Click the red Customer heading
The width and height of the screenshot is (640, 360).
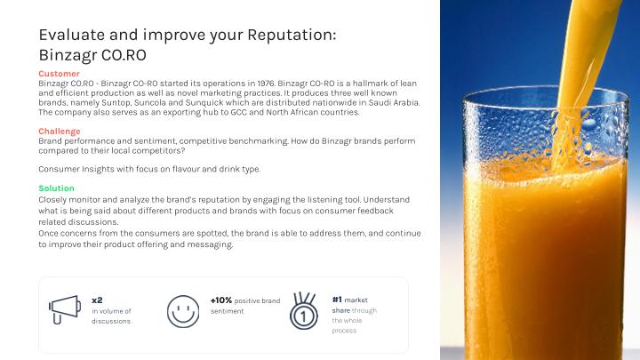coord(60,74)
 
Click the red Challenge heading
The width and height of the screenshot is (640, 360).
coord(60,132)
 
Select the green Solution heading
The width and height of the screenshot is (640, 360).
coord(56,188)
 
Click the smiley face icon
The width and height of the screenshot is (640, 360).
coord(183,311)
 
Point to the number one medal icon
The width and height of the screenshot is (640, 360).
coord(304,311)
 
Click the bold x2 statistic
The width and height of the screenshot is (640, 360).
coord(97,300)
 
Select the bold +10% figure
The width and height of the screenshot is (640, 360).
coord(221,300)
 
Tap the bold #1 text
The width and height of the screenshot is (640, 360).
coord(337,300)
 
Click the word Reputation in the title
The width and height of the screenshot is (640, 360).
coord(292,36)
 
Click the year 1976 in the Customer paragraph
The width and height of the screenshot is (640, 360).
coord(266,84)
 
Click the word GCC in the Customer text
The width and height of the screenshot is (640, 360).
coord(239,112)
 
